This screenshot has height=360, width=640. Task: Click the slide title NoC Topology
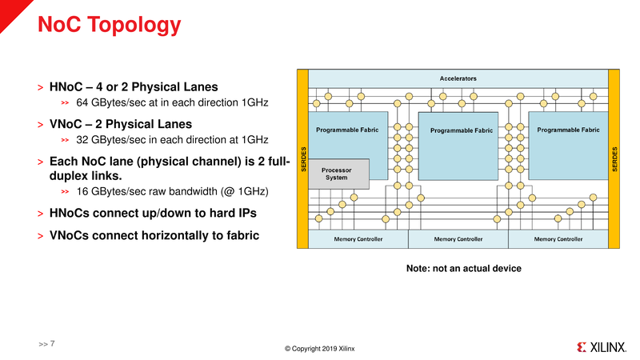tap(109, 25)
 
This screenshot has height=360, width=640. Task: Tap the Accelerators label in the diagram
tap(458, 78)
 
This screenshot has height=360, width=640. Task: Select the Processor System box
tap(338, 174)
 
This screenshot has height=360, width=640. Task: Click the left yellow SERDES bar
tap(303, 158)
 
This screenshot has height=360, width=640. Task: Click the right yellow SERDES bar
tap(614, 158)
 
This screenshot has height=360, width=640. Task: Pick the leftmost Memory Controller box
tap(358, 239)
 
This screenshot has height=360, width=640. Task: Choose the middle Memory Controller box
tap(458, 239)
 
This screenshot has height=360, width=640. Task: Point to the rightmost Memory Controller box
tap(558, 239)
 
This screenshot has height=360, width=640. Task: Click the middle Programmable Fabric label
tap(462, 130)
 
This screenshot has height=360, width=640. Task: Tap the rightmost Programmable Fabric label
tap(568, 130)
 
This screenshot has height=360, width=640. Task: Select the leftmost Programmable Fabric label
tap(347, 130)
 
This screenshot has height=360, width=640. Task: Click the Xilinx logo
tap(602, 347)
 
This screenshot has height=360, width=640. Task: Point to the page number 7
tap(52, 344)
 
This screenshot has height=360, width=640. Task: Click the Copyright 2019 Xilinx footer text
tap(319, 349)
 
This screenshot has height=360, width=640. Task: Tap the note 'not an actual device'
tap(464, 268)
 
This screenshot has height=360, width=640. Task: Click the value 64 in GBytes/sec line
tap(82, 102)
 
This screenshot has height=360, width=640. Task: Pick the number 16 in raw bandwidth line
tap(82, 191)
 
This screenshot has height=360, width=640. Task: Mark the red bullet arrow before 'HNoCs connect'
tap(41, 214)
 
